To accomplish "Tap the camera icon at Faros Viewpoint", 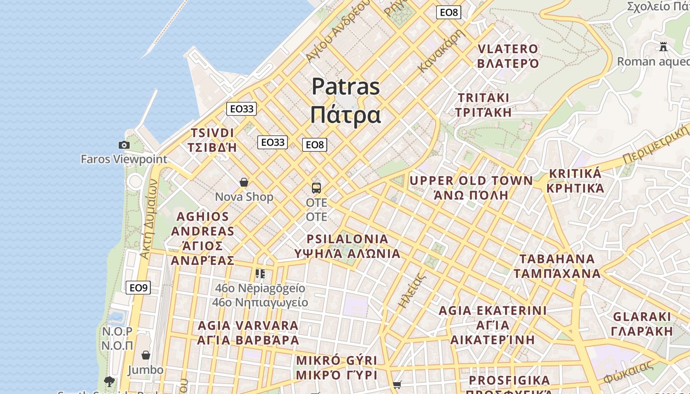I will (124, 145).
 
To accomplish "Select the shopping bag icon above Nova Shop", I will (244, 183).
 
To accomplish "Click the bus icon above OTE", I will (316, 188).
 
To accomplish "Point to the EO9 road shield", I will (138, 288).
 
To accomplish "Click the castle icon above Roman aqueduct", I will (663, 47).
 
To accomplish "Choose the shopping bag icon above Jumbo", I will (146, 355).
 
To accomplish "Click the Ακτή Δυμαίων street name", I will (148, 219).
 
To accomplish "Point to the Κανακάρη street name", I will (442, 51).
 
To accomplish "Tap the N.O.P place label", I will (117, 331).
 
